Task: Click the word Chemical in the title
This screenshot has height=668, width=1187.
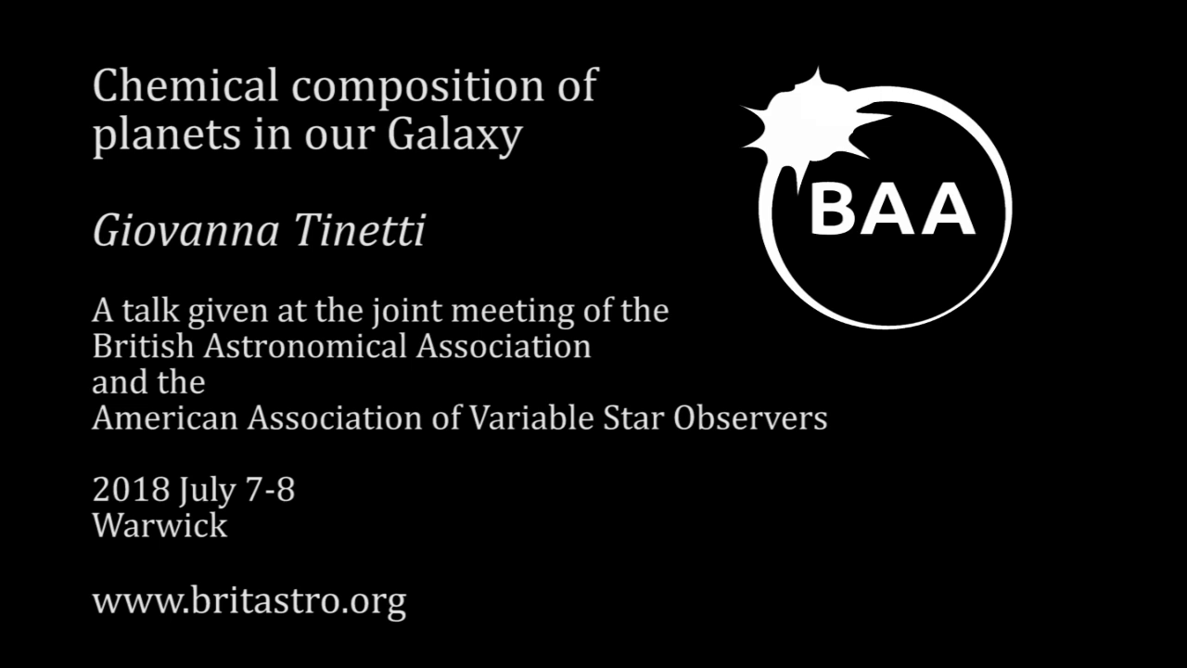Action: (185, 84)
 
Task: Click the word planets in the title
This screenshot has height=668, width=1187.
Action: (167, 136)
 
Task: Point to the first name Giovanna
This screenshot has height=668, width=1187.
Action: (185, 232)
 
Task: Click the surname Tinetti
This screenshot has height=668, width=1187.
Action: (360, 231)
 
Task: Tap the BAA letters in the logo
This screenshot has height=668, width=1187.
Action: (891, 209)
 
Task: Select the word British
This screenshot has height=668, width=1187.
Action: (143, 347)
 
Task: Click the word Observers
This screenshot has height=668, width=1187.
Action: (750, 418)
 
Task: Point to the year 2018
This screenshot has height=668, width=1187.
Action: (131, 489)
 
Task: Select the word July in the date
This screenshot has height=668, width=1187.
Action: (207, 492)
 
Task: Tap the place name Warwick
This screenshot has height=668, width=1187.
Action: (160, 525)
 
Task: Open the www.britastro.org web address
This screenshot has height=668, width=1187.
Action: (249, 602)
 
